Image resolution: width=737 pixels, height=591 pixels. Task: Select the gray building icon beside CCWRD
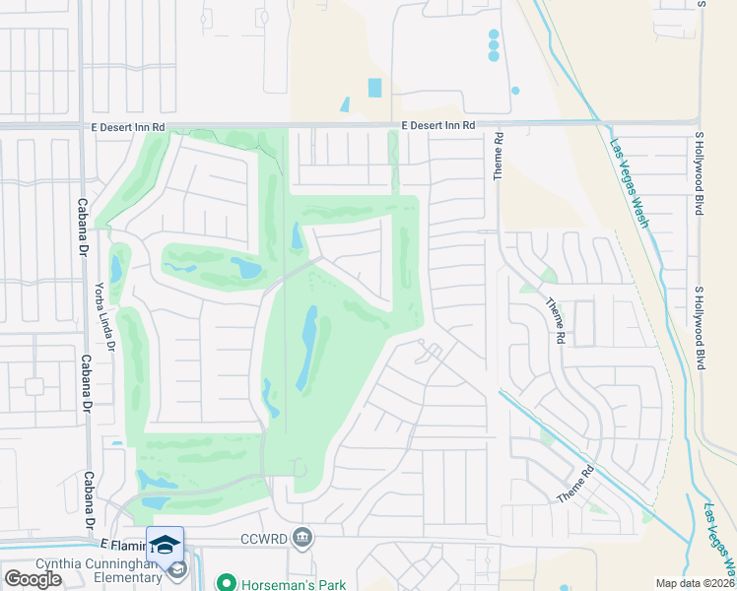[302, 538]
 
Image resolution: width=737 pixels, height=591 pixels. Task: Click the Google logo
[33, 579]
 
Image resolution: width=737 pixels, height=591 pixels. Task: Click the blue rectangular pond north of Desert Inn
[374, 88]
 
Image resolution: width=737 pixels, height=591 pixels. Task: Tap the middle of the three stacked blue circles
[494, 45]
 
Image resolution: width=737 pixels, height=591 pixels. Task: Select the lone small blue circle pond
[515, 91]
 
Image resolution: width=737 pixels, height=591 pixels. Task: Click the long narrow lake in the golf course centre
[307, 348]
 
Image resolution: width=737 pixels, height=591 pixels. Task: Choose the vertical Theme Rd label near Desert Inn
[499, 156]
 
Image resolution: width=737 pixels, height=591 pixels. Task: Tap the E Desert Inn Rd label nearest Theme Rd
[438, 125]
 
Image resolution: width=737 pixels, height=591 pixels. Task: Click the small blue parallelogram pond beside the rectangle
[345, 103]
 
